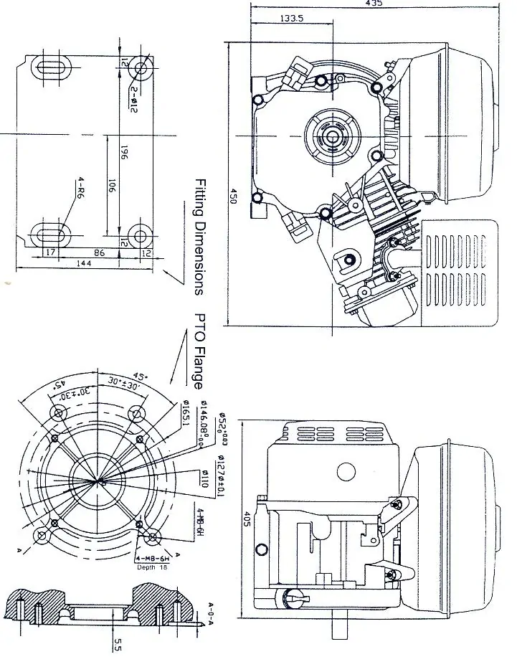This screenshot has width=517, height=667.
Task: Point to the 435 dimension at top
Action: [374, 4]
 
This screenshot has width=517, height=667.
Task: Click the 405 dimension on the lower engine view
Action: [247, 519]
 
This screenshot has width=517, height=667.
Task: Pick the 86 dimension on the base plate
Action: [100, 252]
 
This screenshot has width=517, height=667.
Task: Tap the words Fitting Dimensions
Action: [200, 237]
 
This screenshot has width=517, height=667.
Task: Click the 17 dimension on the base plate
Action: [49, 252]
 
